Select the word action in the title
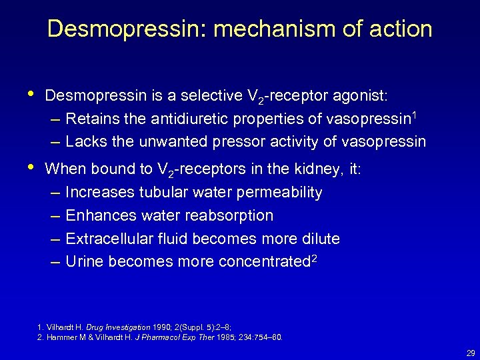(401, 29)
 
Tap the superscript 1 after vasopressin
(415, 115)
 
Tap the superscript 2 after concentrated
(314, 258)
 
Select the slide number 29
(471, 353)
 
